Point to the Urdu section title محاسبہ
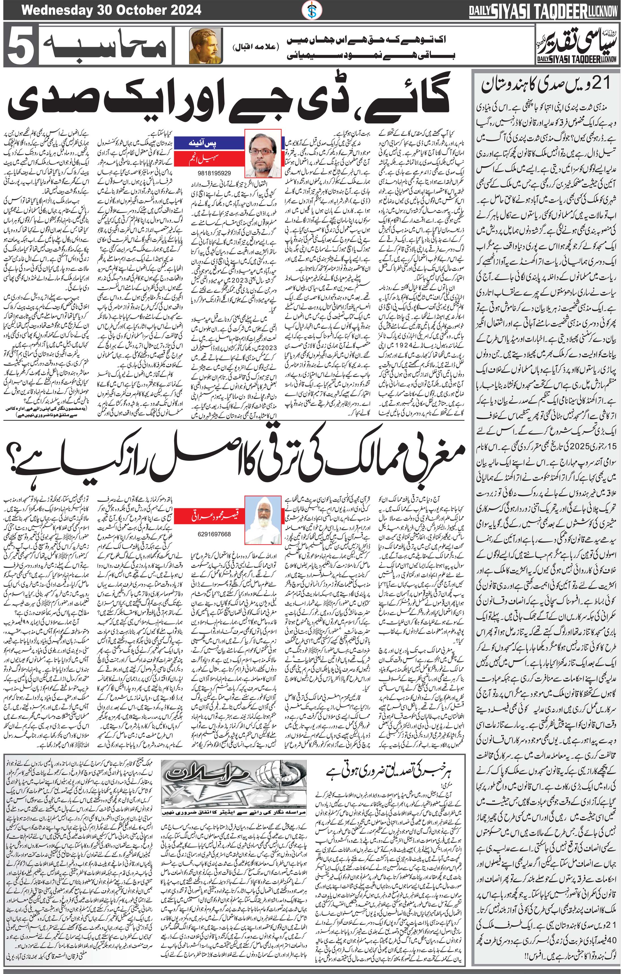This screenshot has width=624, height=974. (x=103, y=45)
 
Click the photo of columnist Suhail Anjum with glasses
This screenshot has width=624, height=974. (x=262, y=150)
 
